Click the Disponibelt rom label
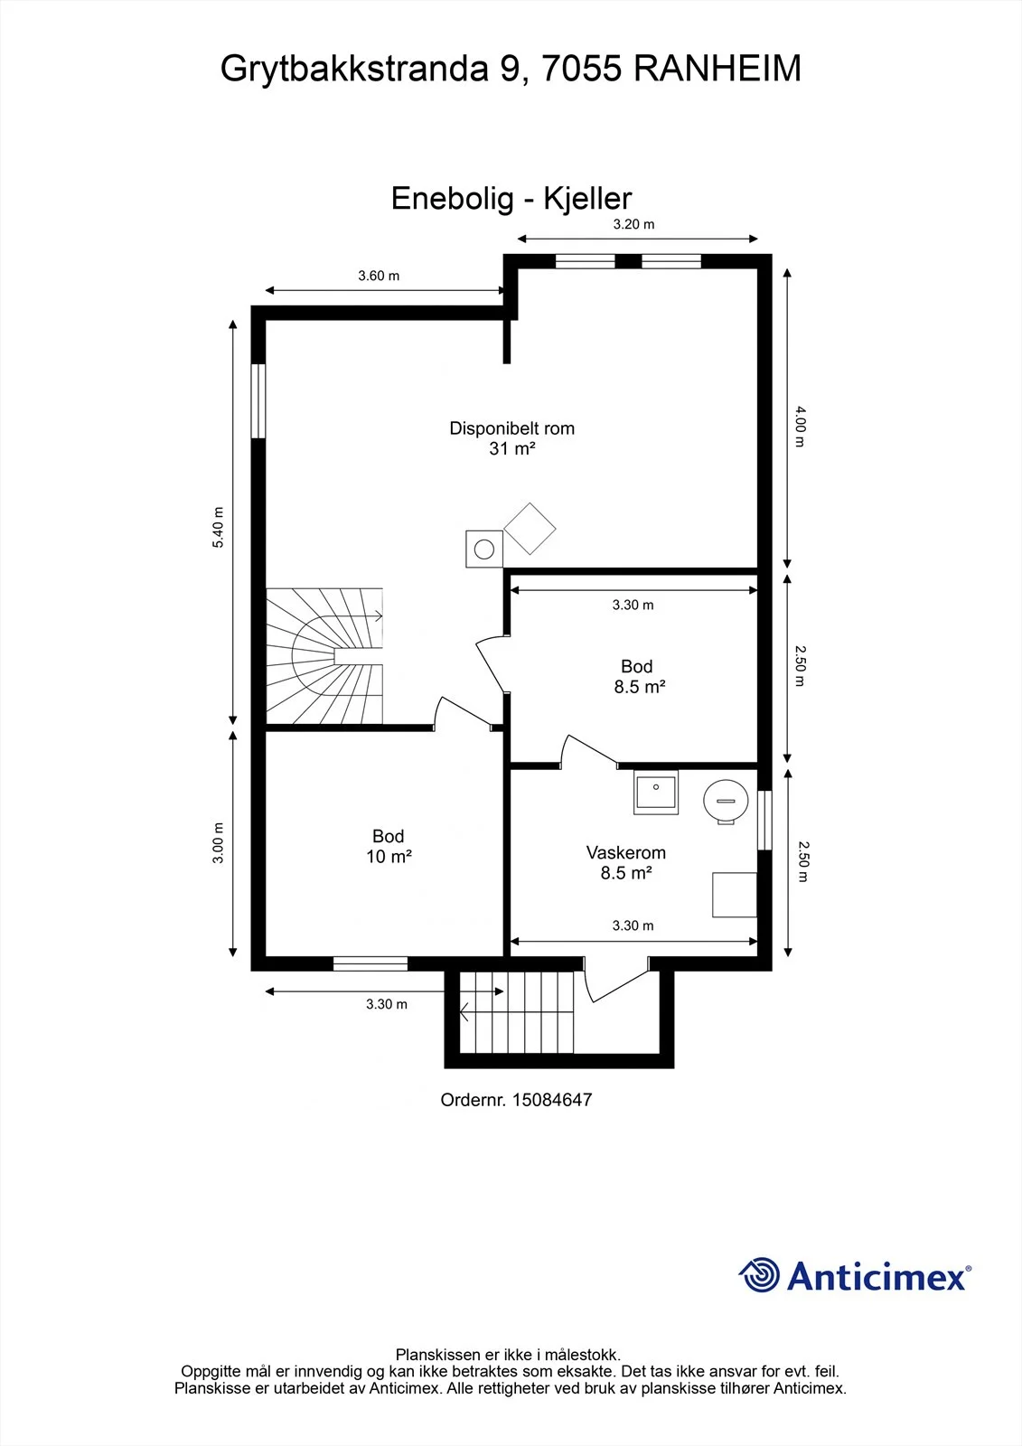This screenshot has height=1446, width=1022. click(512, 428)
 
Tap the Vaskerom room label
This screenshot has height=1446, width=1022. click(625, 852)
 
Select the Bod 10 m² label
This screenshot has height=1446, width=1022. click(389, 846)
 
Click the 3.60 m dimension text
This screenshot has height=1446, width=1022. click(379, 276)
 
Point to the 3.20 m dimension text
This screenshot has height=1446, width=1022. click(633, 224)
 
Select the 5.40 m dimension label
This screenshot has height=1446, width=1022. click(218, 527)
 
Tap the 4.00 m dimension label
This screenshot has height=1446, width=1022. click(800, 427)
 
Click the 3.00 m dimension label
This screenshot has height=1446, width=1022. click(218, 842)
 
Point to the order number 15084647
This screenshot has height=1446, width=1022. click(552, 1100)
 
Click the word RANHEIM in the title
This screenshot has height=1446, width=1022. click(717, 69)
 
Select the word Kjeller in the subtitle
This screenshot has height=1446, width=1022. click(586, 198)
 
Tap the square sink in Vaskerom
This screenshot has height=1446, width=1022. click(656, 792)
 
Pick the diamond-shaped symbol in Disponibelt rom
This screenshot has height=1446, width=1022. click(530, 529)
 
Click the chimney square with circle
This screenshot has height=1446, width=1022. click(484, 549)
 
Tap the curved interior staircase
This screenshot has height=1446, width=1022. click(324, 655)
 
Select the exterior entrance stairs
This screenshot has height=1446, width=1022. click(517, 1011)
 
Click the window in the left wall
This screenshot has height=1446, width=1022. click(258, 401)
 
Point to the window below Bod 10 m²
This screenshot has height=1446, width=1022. click(370, 963)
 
